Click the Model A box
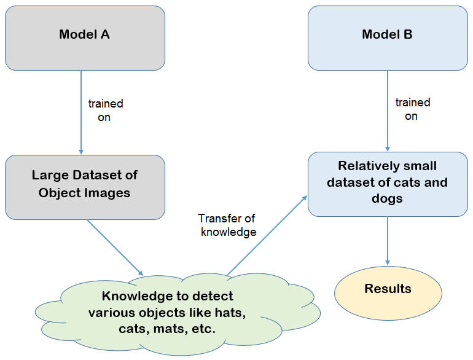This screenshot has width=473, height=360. pyautogui.click(x=85, y=38)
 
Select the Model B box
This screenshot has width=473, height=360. pyautogui.click(x=388, y=38)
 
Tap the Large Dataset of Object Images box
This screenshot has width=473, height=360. pyautogui.click(x=85, y=187)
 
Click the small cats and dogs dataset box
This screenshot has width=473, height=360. pyautogui.click(x=388, y=184)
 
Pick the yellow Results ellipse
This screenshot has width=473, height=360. pyautogui.click(x=388, y=293)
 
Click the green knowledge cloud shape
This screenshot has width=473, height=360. pyautogui.click(x=178, y=314)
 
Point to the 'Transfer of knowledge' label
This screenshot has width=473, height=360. pyautogui.click(x=227, y=225)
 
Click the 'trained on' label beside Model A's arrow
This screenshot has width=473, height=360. pyautogui.click(x=106, y=110)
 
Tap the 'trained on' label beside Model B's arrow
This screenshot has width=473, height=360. pyautogui.click(x=413, y=109)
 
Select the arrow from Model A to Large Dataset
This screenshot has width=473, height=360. pyautogui.click(x=81, y=112)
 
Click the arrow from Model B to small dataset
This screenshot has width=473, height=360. pyautogui.click(x=388, y=111)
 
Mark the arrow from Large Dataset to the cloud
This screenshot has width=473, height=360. pyautogui.click(x=115, y=248)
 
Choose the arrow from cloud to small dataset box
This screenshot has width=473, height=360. pyautogui.click(x=267, y=236)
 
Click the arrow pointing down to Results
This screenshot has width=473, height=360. pyautogui.click(x=388, y=241)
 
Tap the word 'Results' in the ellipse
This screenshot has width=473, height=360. pyautogui.click(x=388, y=289)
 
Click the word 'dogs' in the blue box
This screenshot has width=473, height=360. pyautogui.click(x=387, y=199)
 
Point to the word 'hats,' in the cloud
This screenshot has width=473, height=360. pyautogui.click(x=230, y=313)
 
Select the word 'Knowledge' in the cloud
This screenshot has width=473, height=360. pyautogui.click(x=137, y=296)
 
